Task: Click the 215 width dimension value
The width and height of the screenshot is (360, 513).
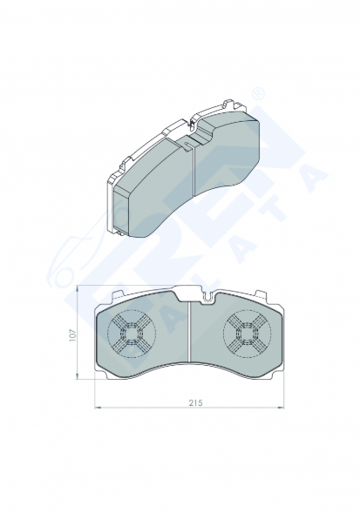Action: [195, 402]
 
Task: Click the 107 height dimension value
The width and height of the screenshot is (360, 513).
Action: [72, 335]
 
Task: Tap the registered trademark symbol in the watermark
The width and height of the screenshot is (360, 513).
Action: [258, 93]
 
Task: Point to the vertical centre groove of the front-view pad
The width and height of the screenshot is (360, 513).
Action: [190, 332]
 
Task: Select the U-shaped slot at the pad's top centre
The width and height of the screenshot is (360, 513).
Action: [207, 298]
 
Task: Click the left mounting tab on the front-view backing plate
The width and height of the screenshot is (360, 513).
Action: [118, 294]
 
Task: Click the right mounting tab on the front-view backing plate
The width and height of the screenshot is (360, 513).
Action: [261, 294]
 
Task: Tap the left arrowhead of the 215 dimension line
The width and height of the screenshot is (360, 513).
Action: [97, 408]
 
